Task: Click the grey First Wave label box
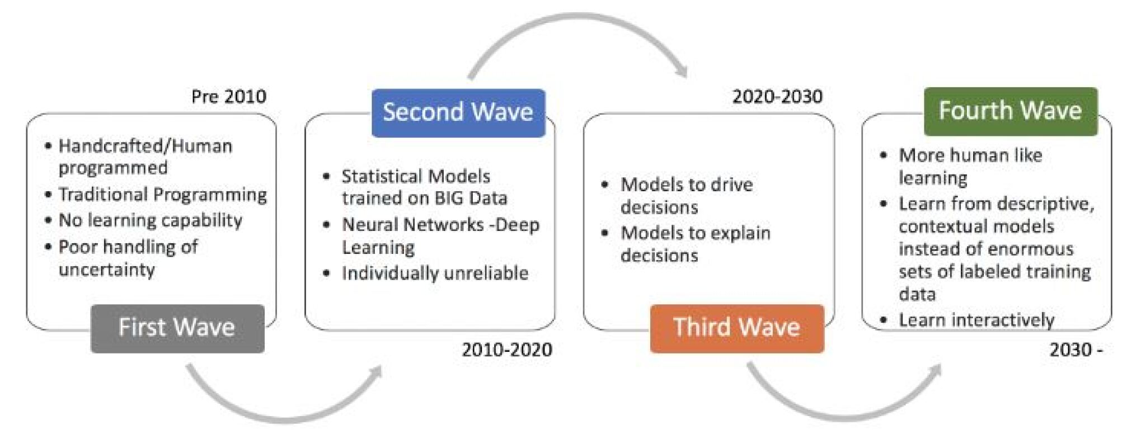[177, 328]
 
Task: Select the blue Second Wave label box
[458, 112]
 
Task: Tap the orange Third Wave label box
[737, 328]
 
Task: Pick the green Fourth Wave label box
[1011, 111]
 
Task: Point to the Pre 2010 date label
[229, 97]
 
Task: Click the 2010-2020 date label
[507, 350]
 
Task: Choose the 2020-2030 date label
[777, 97]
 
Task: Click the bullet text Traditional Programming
[163, 195]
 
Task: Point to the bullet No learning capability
[151, 220]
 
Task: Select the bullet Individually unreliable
[435, 273]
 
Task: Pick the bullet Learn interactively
[976, 320]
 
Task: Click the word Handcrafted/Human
[145, 147]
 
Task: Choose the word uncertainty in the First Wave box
[107, 270]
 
